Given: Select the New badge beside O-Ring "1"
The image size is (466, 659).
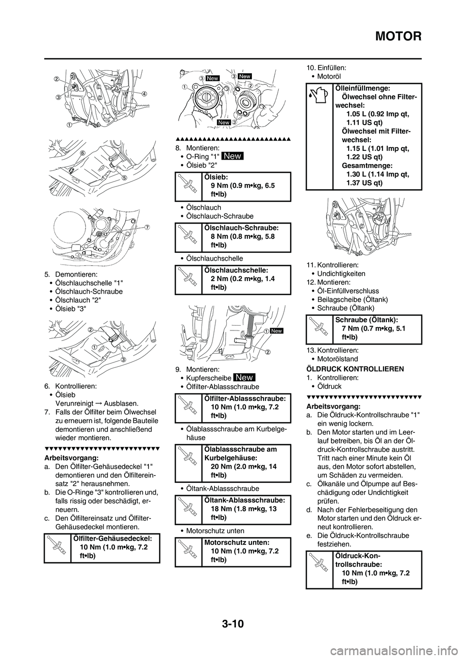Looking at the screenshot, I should (x=233, y=156).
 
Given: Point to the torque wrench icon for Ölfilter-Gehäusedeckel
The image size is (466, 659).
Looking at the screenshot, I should (x=57, y=547).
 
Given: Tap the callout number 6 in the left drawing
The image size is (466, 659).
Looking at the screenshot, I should (x=83, y=153).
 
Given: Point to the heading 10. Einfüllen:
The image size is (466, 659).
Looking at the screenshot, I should (x=326, y=68).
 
